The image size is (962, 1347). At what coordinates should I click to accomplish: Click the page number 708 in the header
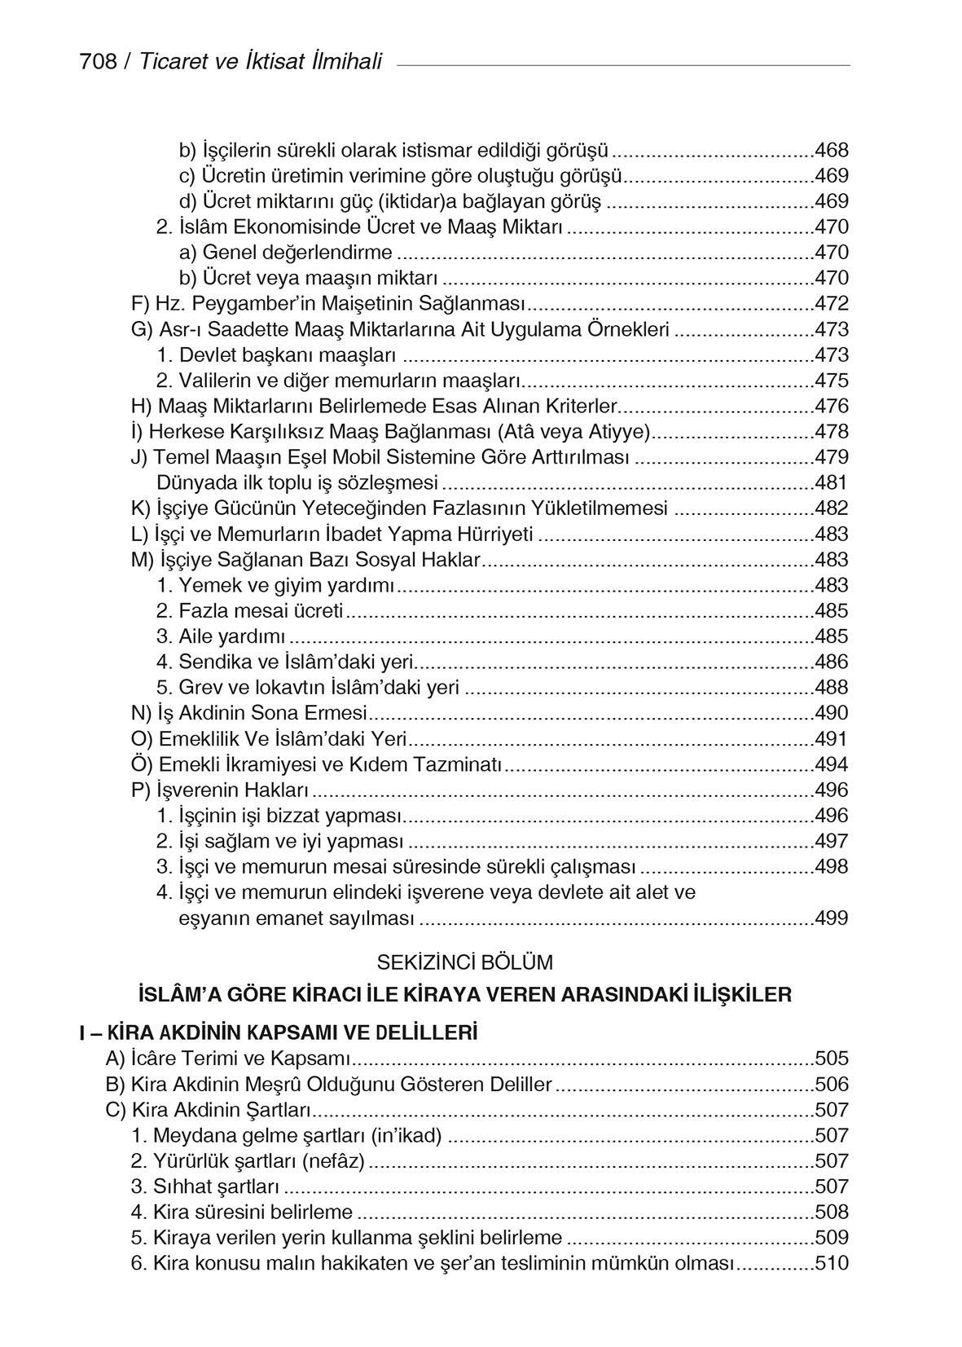point(98,62)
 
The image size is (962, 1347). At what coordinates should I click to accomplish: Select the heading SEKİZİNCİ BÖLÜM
point(464,962)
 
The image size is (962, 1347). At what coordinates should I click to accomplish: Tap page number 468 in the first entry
point(831,150)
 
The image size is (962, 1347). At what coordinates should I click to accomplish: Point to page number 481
point(831,482)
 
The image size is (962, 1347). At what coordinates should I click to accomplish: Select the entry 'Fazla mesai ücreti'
point(261,610)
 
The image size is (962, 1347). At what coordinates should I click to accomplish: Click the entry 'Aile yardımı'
point(232,636)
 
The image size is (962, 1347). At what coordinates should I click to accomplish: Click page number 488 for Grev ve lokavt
point(831,687)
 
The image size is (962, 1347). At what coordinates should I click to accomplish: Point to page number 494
point(831,764)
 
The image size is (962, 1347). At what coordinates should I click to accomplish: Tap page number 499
point(831,918)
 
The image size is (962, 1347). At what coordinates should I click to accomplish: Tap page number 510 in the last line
point(831,1263)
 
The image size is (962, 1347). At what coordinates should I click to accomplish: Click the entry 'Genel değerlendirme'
point(297,253)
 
